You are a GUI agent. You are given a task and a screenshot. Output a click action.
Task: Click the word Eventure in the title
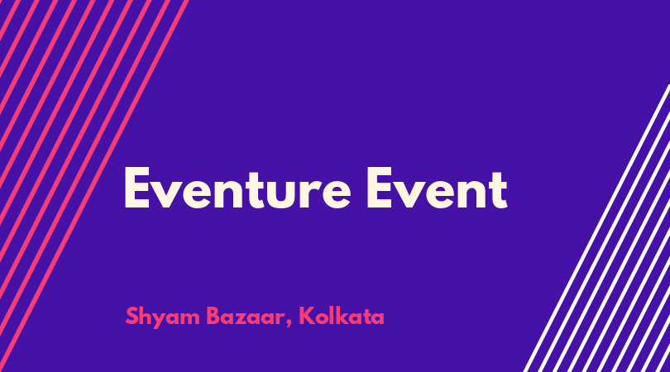click(237, 188)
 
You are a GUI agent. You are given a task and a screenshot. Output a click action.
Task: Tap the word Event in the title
click(437, 188)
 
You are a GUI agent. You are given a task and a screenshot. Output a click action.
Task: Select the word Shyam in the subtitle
click(162, 317)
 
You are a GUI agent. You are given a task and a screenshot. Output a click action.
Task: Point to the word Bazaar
click(246, 317)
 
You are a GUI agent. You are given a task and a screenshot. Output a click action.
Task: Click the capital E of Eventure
click(136, 188)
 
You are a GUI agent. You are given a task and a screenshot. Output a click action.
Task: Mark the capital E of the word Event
click(380, 188)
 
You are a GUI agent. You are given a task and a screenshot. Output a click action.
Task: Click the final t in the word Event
click(498, 189)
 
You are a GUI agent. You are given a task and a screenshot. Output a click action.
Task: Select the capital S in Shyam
click(132, 316)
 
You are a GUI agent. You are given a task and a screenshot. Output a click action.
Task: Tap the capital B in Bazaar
click(213, 316)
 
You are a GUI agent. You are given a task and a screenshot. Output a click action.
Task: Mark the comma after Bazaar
click(290, 323)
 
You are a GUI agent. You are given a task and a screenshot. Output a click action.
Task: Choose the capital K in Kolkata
click(306, 316)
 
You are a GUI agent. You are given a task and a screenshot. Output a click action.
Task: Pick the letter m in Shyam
click(190, 318)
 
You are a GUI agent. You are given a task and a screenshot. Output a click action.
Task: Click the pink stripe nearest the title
click(94, 186)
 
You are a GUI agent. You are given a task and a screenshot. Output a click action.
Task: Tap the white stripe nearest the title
click(596, 228)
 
